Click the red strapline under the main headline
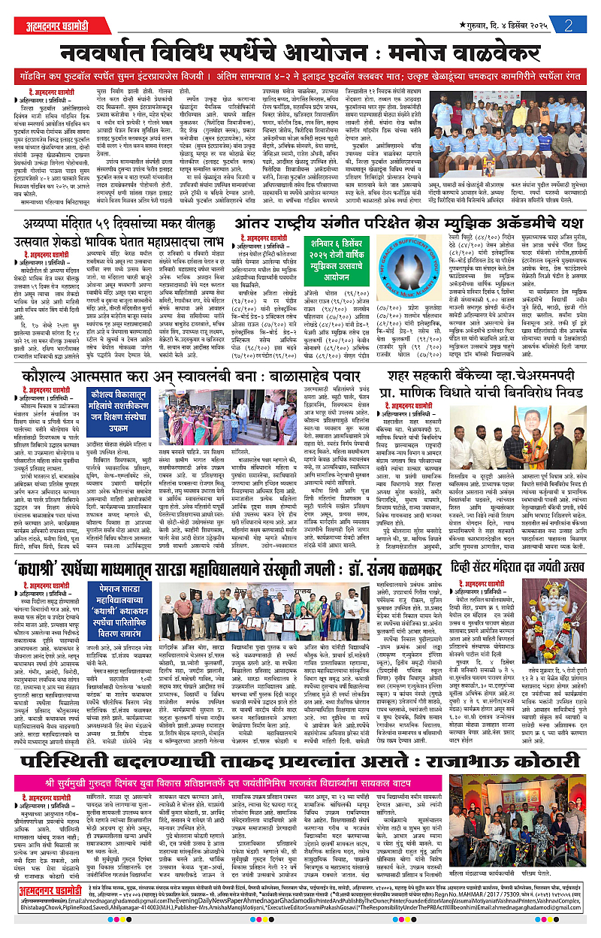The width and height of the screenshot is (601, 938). pyautogui.click(x=300, y=77)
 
